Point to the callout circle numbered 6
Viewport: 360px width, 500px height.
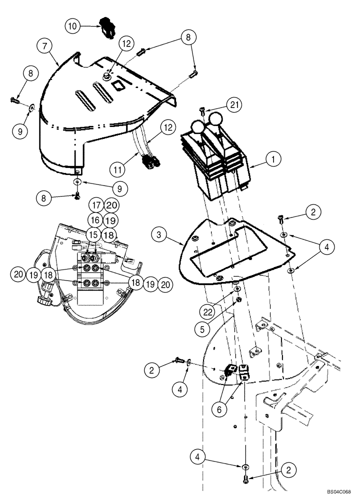coord(218,408)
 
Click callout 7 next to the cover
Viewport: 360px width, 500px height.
coord(45,46)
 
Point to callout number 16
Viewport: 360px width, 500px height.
coord(95,220)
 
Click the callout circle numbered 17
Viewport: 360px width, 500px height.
coord(96,204)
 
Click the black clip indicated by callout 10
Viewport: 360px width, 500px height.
coord(106,26)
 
